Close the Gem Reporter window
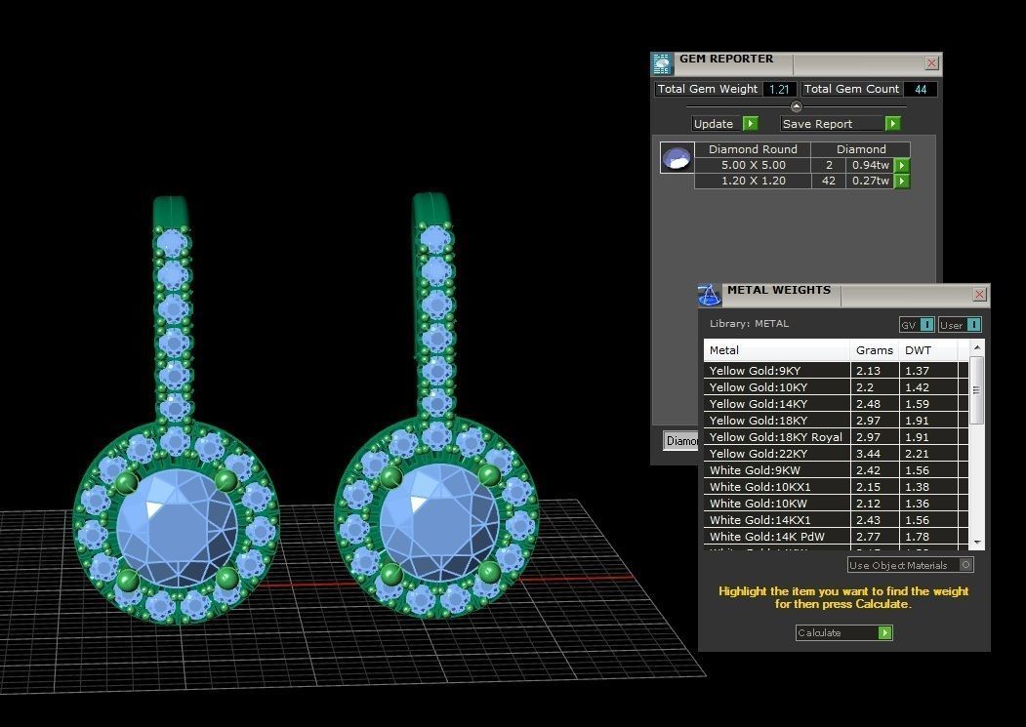[931, 63]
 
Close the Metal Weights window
[979, 295]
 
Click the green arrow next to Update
[750, 124]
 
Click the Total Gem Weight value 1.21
[778, 89]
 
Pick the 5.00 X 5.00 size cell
[752, 165]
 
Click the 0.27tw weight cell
[869, 181]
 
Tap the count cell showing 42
[828, 181]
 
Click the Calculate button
[843, 632]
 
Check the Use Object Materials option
[965, 565]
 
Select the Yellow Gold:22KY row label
[777, 454]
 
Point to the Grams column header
[874, 350]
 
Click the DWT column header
[918, 350]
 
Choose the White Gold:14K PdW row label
[777, 537]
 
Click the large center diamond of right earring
[437, 524]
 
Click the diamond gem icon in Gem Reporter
[677, 157]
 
